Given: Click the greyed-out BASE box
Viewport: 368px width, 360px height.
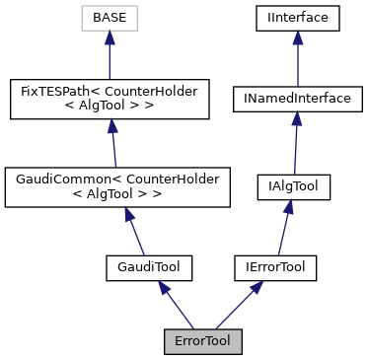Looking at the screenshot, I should click(109, 18).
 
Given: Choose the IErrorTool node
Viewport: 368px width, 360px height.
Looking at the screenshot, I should click(281, 266).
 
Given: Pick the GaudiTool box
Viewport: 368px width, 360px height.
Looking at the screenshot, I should click(148, 266).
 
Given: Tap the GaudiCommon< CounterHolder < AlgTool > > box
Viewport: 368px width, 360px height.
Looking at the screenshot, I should click(117, 184).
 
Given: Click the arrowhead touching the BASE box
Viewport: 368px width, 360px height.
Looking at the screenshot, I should click(109, 38).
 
